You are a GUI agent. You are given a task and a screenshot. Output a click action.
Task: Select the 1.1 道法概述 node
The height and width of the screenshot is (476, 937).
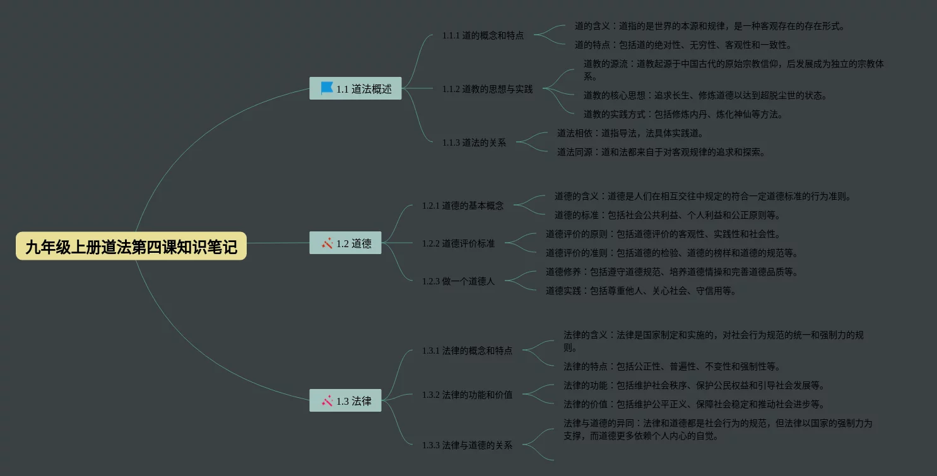tap(355, 89)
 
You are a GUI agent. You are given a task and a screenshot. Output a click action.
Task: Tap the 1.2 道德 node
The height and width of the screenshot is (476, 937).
tap(345, 243)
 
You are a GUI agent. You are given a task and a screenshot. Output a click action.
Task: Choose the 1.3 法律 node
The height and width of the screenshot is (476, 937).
tap(345, 401)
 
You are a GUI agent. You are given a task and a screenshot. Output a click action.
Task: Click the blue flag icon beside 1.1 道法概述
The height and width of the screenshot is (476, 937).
tap(327, 88)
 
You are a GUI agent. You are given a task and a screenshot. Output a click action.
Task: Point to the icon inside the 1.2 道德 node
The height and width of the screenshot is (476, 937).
tap(327, 243)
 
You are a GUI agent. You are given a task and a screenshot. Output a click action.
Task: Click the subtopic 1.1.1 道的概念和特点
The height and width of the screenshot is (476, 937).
tap(483, 35)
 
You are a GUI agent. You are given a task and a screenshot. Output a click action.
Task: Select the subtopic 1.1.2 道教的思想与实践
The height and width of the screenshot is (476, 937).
tap(487, 89)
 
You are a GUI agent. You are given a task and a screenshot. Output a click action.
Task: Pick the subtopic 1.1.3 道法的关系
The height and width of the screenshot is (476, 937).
tap(474, 142)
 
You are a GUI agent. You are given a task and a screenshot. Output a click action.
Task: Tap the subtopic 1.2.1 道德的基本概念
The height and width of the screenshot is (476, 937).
tap(463, 206)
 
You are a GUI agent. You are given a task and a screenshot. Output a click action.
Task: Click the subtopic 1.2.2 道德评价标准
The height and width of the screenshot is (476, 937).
tap(458, 243)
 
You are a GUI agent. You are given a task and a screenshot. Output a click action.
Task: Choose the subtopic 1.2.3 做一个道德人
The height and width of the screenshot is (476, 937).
tap(458, 281)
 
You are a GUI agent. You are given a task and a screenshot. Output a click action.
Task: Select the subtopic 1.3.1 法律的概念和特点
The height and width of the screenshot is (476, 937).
tap(467, 351)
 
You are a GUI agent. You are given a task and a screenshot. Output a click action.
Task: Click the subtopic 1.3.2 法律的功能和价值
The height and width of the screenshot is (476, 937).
tap(467, 395)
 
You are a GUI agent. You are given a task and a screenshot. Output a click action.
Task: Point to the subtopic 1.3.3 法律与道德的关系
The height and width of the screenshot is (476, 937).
tap(467, 445)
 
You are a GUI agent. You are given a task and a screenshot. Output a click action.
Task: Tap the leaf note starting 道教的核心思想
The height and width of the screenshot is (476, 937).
tap(705, 95)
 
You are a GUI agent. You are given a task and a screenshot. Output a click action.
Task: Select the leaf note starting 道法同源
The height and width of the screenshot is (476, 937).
tap(661, 152)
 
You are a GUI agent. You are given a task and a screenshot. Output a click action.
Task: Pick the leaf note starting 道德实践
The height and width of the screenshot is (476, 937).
tap(640, 291)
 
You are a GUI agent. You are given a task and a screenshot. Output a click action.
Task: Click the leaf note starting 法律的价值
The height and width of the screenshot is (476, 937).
tap(693, 404)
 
